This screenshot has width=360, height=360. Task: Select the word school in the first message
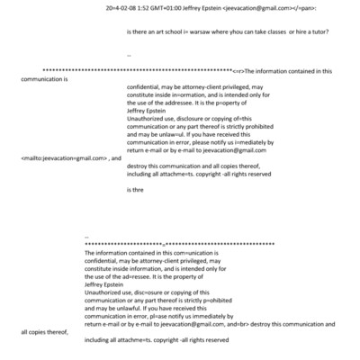[166, 31]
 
